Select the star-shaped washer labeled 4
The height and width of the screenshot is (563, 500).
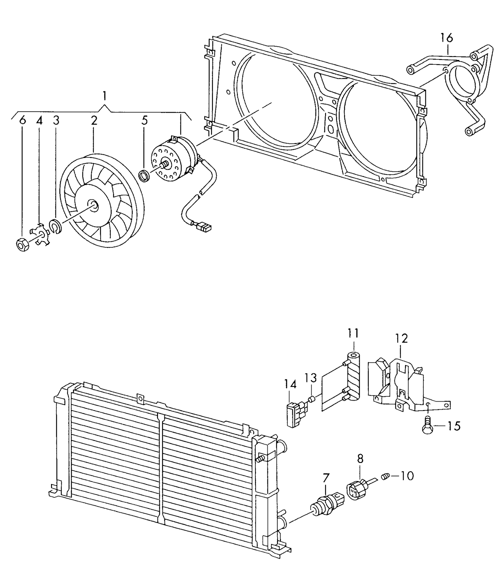(x=40, y=235)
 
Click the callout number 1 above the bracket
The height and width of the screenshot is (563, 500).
(x=104, y=97)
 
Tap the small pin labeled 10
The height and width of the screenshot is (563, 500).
(x=386, y=478)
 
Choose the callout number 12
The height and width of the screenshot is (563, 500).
(x=402, y=339)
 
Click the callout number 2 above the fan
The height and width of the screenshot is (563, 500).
(x=94, y=121)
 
